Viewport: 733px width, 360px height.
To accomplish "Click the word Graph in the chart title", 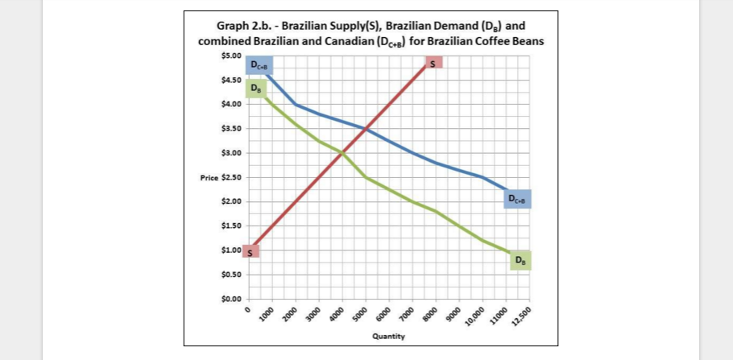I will (223, 26).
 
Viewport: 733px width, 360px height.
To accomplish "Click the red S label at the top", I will (433, 64).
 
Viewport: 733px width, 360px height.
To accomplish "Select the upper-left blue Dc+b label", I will (260, 65).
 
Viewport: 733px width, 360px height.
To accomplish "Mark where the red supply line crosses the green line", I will (342, 153).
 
